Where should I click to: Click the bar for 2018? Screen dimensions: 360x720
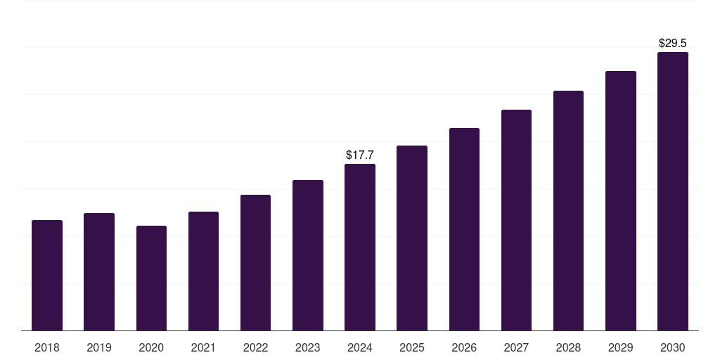coord(47,276)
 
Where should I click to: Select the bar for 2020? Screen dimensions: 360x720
coord(151,278)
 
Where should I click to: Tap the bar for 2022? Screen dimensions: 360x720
coord(255,263)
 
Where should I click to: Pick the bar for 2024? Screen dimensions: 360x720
coord(360,247)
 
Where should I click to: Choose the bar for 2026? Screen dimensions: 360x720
coord(464,229)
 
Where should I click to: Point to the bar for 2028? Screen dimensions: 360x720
coord(568,211)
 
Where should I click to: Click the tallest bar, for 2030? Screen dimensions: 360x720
coord(672,191)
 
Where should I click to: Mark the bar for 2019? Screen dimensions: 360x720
coord(99,272)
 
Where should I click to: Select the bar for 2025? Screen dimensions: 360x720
coord(412,238)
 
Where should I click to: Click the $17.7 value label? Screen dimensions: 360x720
coord(360,155)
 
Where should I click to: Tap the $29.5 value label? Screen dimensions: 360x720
coord(673,43)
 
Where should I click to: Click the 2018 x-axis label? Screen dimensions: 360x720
coord(47,347)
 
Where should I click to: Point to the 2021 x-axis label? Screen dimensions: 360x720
coord(203,347)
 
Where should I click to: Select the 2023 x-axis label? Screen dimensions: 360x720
coord(307,347)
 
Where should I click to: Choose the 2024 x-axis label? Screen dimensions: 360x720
coord(360,347)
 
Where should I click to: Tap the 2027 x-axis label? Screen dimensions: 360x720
coord(516,347)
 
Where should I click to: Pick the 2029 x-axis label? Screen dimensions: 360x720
coord(620,347)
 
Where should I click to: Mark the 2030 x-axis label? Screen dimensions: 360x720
coord(672,347)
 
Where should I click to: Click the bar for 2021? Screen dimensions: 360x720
coord(203,271)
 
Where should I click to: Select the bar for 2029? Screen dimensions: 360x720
coord(620,201)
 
